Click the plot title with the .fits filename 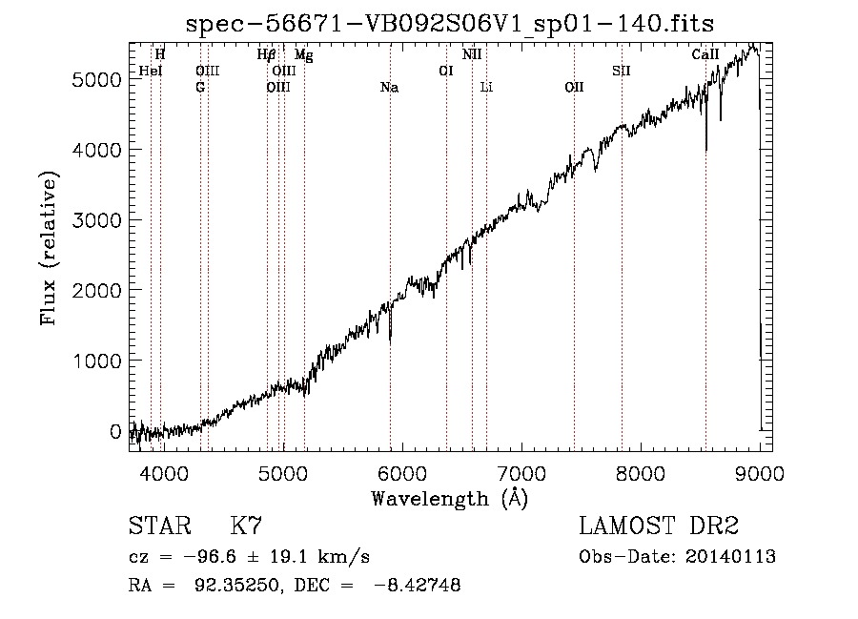click(x=450, y=24)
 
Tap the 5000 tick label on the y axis click(x=96, y=80)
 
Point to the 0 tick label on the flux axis click(x=115, y=431)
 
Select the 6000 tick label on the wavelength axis click(x=402, y=473)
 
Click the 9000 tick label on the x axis click(x=760, y=473)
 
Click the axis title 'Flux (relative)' click(x=49, y=249)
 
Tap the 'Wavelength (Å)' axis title click(x=450, y=499)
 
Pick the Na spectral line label click(x=390, y=88)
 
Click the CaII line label click(x=705, y=54)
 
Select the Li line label click(x=486, y=88)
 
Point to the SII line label click(x=622, y=71)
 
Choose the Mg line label click(x=304, y=54)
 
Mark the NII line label click(x=472, y=54)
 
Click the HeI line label click(x=151, y=71)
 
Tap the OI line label click(x=446, y=71)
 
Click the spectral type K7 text click(x=246, y=526)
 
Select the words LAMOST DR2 click(x=659, y=526)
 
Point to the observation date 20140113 click(x=730, y=557)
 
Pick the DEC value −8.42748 click(x=417, y=585)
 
